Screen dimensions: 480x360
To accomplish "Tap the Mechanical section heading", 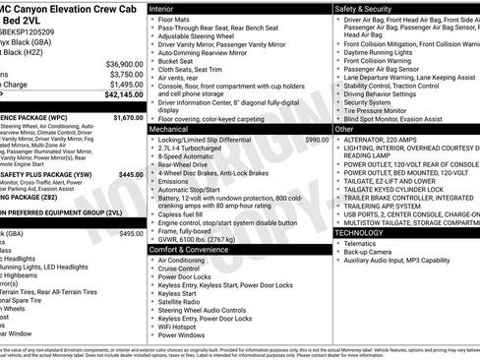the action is click(171, 129).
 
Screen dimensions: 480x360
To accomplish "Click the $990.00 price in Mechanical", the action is click(317, 141).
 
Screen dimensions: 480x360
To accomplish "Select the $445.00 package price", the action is click(131, 174).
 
